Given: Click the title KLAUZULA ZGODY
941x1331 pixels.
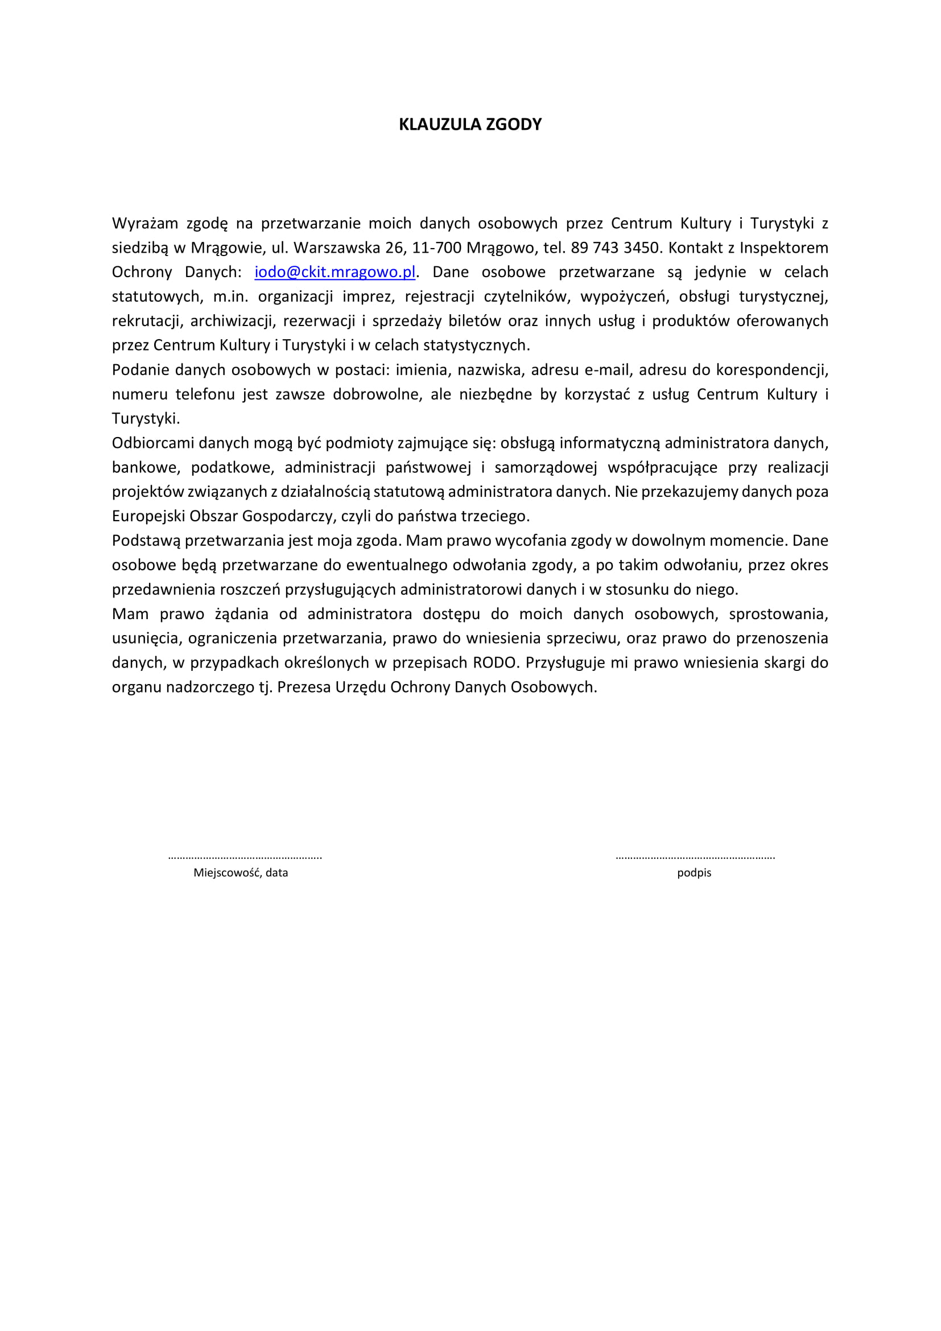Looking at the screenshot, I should [x=470, y=125].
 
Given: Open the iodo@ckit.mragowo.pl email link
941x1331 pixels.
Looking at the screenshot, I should [x=335, y=272].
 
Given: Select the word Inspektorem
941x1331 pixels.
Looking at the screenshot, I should [x=783, y=248].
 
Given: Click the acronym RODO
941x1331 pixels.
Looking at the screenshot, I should [x=494, y=662].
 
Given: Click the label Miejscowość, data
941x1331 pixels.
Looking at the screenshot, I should [x=241, y=872].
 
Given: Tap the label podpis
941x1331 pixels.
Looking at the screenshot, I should [x=694, y=872].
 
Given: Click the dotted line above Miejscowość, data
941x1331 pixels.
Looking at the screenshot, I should [x=245, y=857].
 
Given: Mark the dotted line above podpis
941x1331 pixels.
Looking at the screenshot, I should [x=695, y=857].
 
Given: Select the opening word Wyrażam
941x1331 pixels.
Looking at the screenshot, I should [x=145, y=223].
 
